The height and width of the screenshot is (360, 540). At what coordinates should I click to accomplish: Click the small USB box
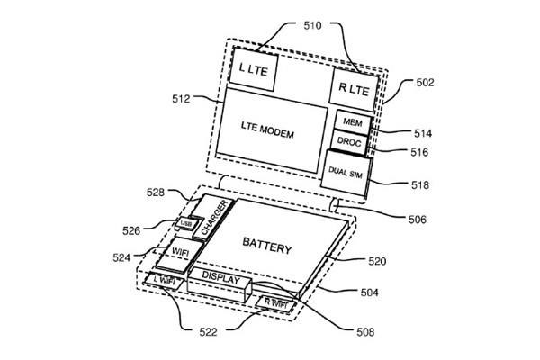[x=185, y=224]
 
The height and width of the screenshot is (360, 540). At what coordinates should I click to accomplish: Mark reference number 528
[x=156, y=191]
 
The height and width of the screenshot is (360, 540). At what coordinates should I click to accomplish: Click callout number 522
[x=209, y=333]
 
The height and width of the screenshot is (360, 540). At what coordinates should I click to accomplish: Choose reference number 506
[x=415, y=216]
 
